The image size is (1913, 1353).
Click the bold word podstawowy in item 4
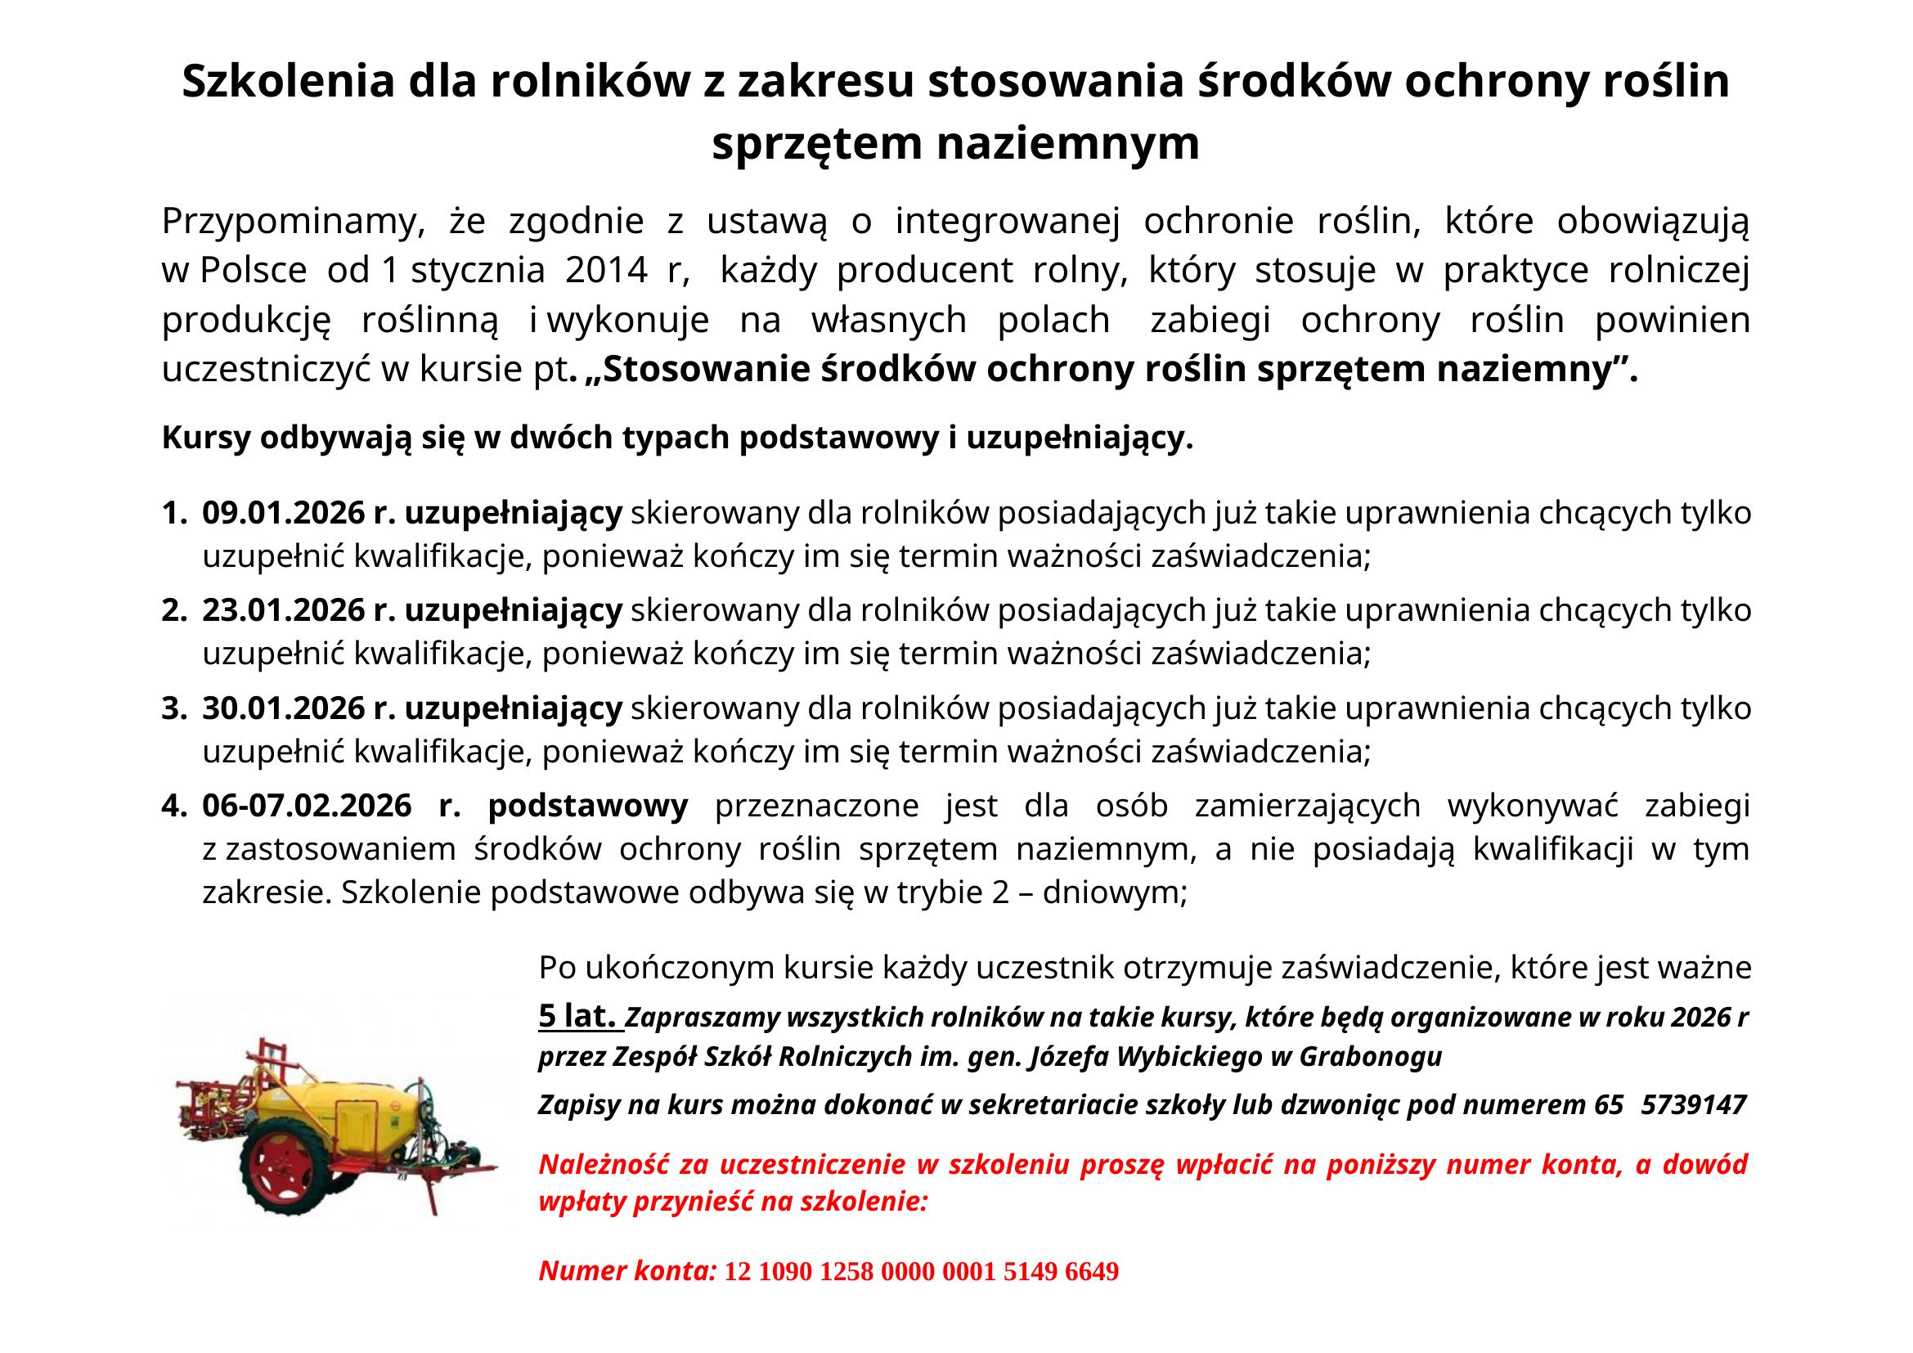[x=587, y=806]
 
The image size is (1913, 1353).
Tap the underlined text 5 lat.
[x=580, y=1017]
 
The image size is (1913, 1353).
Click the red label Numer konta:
[x=627, y=1270]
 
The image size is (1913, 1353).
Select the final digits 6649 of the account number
[x=1092, y=1271]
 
